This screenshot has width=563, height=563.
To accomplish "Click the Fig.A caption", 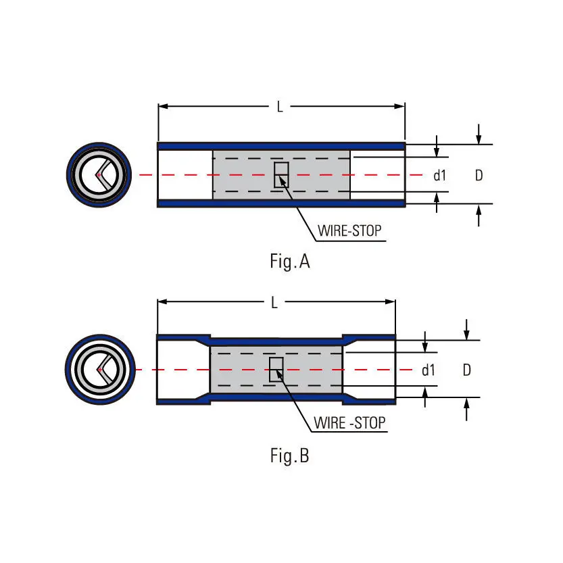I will point(289,262).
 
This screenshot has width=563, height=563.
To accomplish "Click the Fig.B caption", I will point(289,456).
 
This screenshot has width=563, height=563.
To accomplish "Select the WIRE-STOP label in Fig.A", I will point(349,230).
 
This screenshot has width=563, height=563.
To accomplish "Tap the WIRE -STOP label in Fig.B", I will point(349,423).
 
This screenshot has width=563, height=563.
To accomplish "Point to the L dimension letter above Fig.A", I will point(280,107).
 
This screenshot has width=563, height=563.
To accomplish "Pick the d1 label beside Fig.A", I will point(440,176).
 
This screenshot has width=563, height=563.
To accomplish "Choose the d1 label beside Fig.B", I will point(428,370).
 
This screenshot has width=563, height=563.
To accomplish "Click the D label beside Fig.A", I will point(479,176).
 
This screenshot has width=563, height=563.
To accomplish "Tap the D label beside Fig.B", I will point(466,370).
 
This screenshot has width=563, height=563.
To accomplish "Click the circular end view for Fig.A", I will point(99,175).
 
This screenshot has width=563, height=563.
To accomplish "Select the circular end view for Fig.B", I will point(100,369).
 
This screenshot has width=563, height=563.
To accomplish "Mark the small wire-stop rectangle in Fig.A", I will point(281,174).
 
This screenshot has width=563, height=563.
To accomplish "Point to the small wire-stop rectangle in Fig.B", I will point(276,369).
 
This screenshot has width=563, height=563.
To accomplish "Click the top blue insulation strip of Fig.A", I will point(281,146).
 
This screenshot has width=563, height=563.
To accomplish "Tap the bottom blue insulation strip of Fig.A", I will point(281,203).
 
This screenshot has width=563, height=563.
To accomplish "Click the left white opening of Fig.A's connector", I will point(185,174).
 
